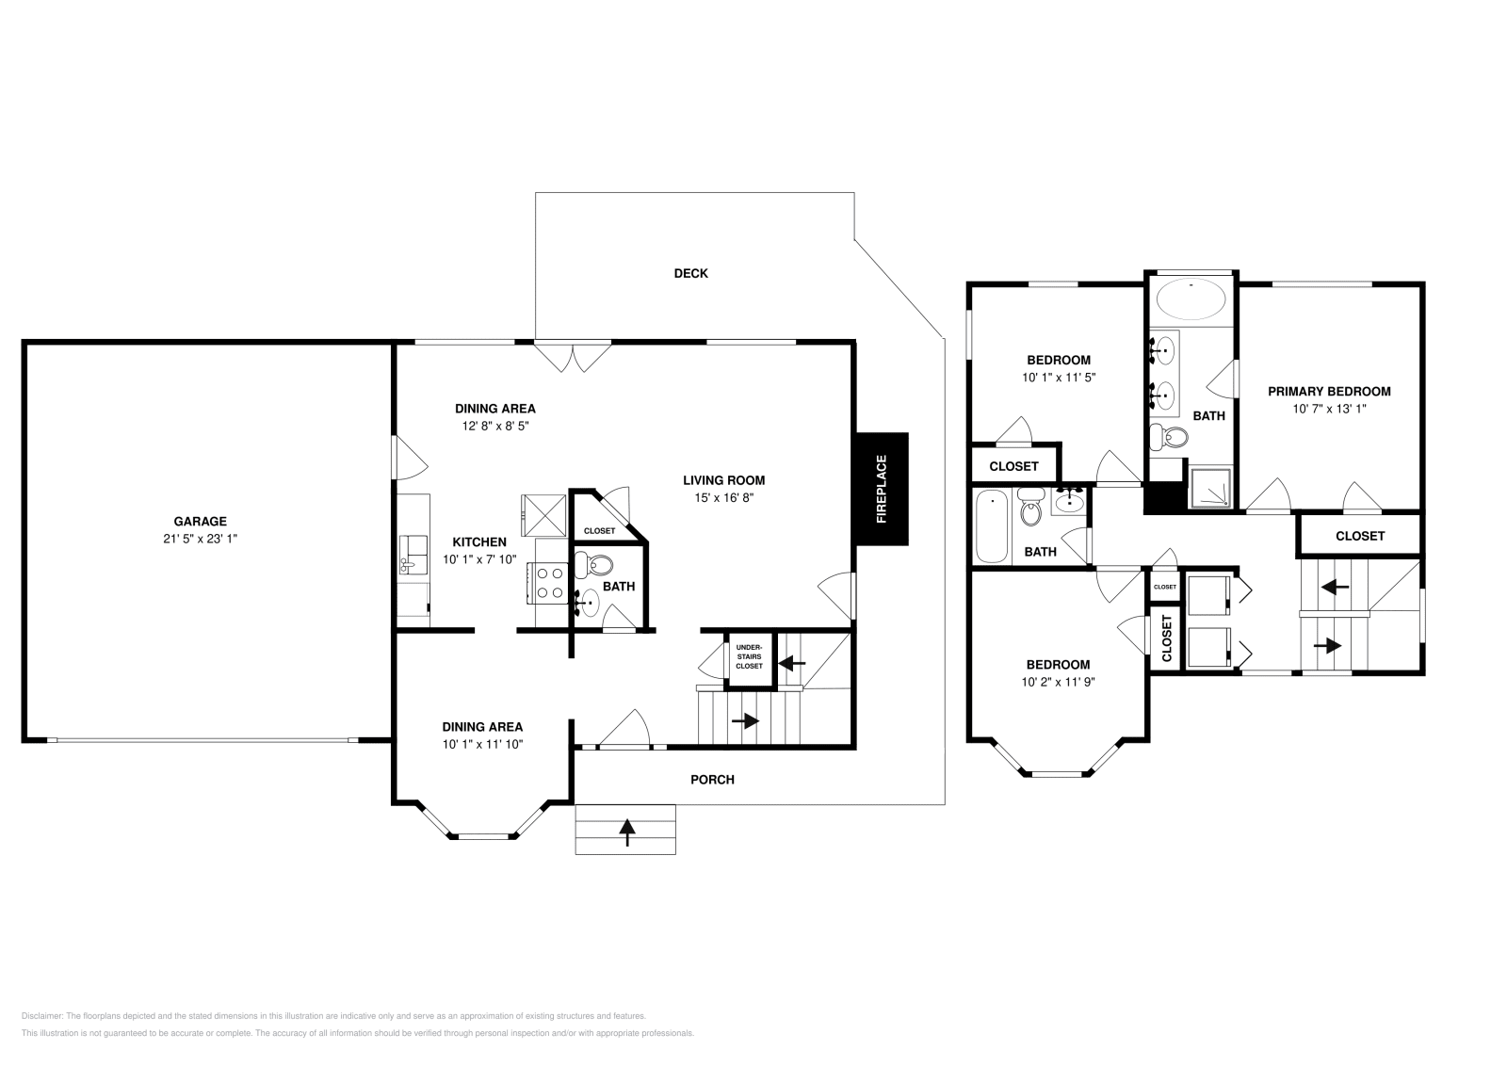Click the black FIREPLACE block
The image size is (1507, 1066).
coord(882,489)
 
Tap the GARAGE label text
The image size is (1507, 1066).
coord(200,521)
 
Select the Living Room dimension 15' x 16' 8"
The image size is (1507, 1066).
coord(723,497)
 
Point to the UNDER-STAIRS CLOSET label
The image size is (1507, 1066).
coord(749,656)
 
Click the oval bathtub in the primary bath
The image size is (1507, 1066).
coord(1191,301)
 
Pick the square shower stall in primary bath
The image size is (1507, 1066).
coord(1209,488)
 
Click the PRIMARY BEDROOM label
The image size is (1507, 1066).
coord(1328,391)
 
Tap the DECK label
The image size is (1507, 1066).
coord(690,273)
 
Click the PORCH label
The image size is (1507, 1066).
coord(712,779)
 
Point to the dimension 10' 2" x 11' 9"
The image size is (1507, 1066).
coord(1059,682)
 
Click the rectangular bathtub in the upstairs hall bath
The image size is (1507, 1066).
coord(992,525)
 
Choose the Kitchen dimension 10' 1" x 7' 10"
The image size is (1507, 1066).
coord(479,558)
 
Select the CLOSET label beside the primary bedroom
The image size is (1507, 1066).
coord(1360,535)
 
